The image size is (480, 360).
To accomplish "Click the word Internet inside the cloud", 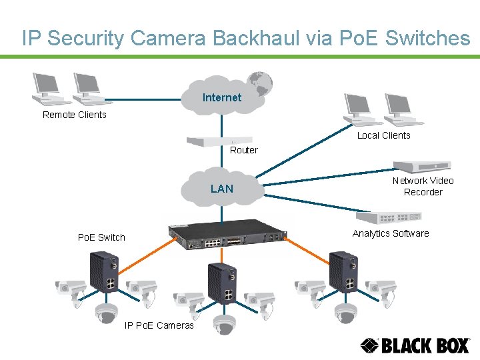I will click(x=221, y=98).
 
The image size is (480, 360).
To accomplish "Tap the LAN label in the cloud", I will click(x=222, y=189).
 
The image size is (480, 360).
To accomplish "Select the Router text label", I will click(x=243, y=151).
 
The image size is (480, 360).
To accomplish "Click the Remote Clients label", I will click(x=74, y=115).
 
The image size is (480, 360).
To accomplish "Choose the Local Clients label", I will click(x=383, y=135).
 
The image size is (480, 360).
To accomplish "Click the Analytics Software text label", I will click(x=391, y=233).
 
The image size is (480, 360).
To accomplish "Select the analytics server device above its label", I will click(x=389, y=217).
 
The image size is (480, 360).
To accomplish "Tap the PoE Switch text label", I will click(x=101, y=237).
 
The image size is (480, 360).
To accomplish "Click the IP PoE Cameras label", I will click(x=159, y=325).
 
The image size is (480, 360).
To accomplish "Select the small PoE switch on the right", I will click(x=344, y=272).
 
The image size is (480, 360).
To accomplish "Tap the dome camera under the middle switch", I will click(x=224, y=323).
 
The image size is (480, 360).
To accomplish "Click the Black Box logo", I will click(x=415, y=345).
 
